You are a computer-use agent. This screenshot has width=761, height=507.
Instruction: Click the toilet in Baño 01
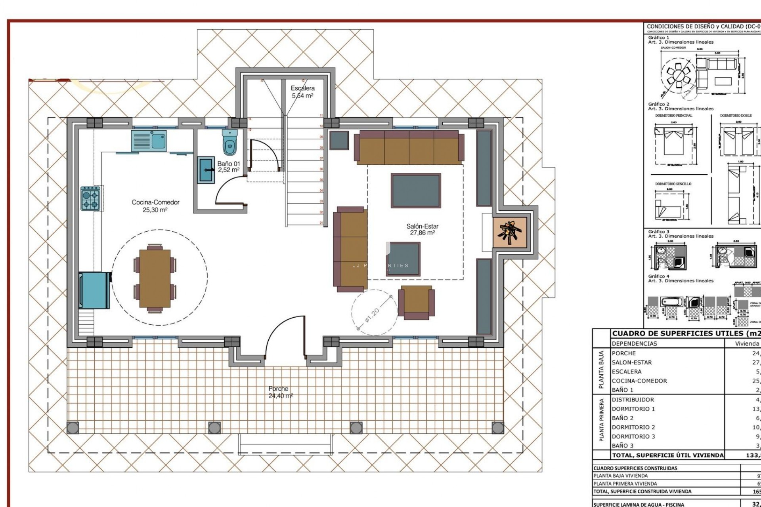230,143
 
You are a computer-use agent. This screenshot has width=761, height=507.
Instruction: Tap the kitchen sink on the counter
149,141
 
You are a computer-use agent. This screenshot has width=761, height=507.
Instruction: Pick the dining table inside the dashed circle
155,278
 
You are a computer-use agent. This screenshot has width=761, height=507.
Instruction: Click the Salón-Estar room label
422,229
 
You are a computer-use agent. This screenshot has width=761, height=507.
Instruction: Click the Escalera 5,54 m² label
302,92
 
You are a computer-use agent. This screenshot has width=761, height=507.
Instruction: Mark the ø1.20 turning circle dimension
373,315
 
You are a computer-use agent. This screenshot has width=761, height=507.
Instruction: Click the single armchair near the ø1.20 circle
416,302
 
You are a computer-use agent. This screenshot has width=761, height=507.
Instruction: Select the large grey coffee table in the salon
416,191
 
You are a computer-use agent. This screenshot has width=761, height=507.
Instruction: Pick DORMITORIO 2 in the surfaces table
633,427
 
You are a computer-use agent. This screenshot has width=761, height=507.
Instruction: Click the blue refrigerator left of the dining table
94,290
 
